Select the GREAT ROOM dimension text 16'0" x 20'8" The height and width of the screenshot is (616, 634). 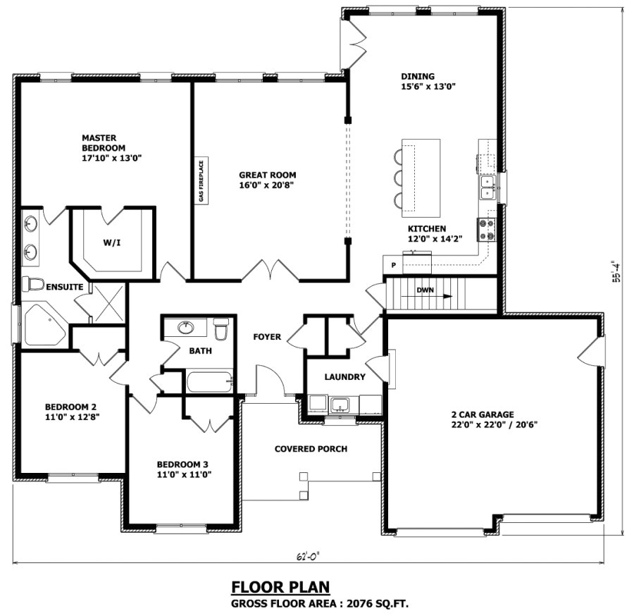pos(267,185)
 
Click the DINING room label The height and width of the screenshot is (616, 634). pos(418,77)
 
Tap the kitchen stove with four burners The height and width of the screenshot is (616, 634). pos(487,228)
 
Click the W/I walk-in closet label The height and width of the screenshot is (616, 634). pos(111,242)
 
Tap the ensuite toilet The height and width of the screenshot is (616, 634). pos(32,284)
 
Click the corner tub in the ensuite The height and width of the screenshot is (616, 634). pos(42,326)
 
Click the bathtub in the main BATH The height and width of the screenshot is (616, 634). pos(209,382)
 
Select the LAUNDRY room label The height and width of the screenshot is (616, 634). pos(344,377)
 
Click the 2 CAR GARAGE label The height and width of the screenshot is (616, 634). pos(483,414)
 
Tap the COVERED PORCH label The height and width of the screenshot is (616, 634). pos(311,449)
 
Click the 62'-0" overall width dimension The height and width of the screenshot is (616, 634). pos(304,556)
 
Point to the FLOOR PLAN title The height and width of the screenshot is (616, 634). pos(280,587)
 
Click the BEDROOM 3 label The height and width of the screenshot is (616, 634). pos(182,464)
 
